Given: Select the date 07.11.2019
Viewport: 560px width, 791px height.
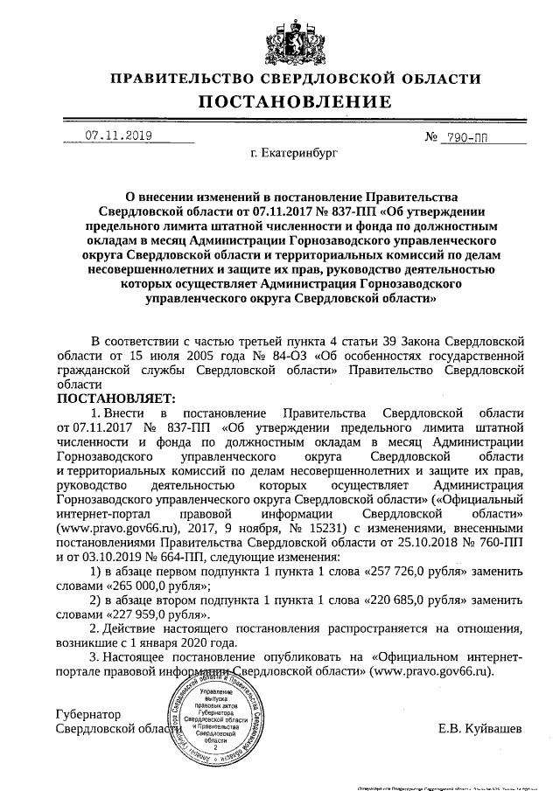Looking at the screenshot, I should click(x=118, y=135).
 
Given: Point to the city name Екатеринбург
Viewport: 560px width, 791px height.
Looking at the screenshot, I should click(x=293, y=156).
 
